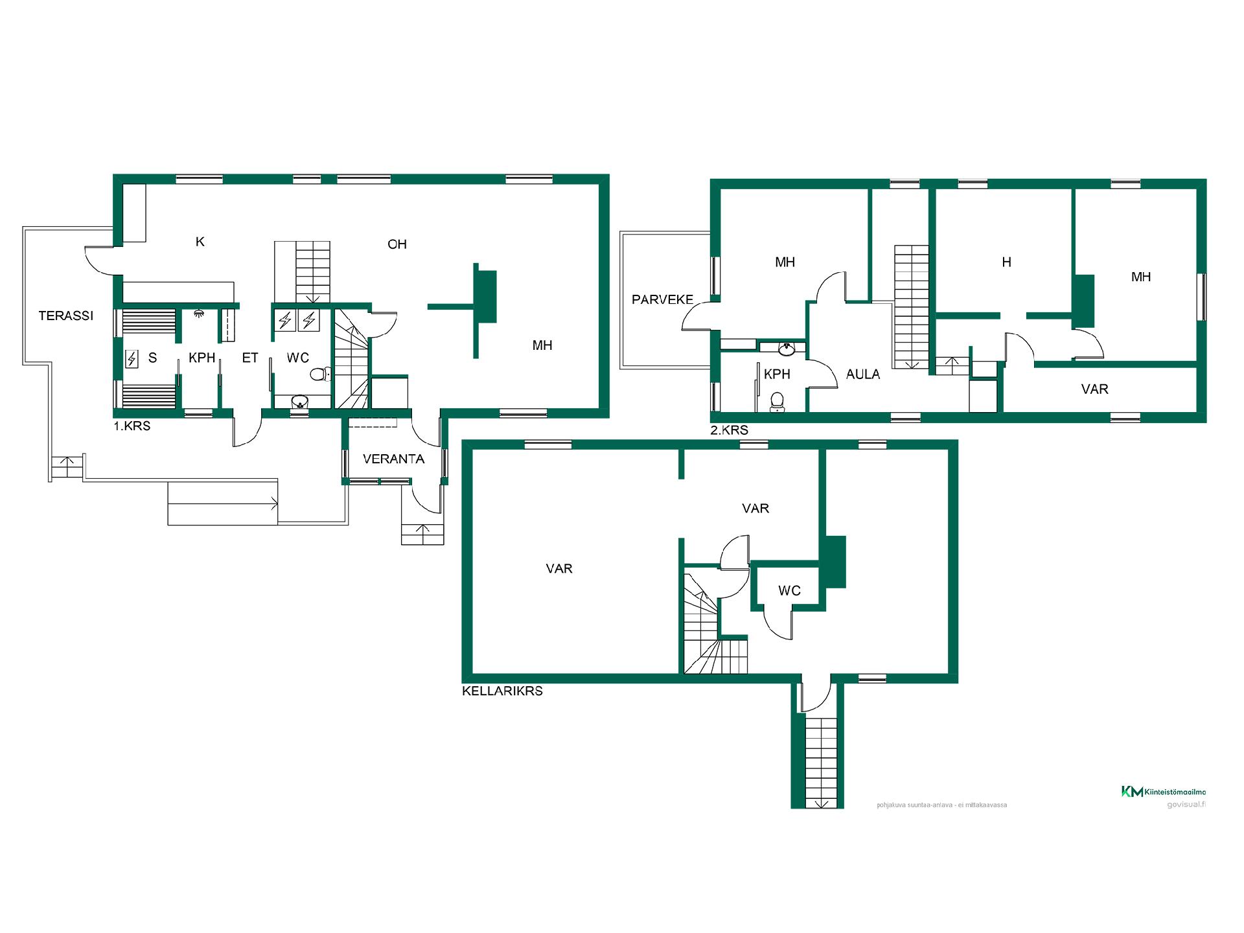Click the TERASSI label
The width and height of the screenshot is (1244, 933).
click(66, 316)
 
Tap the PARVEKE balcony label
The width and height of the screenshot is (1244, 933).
click(662, 300)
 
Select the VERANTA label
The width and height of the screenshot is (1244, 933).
click(393, 459)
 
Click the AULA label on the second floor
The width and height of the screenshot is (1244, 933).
click(863, 374)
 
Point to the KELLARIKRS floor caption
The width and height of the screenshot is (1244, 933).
click(502, 691)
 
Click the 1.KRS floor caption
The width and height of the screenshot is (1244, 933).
click(132, 427)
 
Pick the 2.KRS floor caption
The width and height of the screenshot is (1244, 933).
click(729, 430)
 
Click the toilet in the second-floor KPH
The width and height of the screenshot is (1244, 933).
click(777, 402)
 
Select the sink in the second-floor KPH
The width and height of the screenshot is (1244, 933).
click(787, 349)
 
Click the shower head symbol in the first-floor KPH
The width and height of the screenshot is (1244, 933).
click(199, 314)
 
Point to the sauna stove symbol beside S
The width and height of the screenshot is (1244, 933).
click(132, 358)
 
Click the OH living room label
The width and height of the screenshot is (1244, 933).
click(397, 244)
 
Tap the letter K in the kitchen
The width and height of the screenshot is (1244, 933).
click(200, 242)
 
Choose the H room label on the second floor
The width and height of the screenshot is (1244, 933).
click(1006, 262)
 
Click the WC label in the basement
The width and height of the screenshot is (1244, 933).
click(789, 591)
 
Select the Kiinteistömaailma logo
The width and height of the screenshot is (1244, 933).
click(1164, 792)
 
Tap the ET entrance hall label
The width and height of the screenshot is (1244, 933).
click(250, 358)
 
